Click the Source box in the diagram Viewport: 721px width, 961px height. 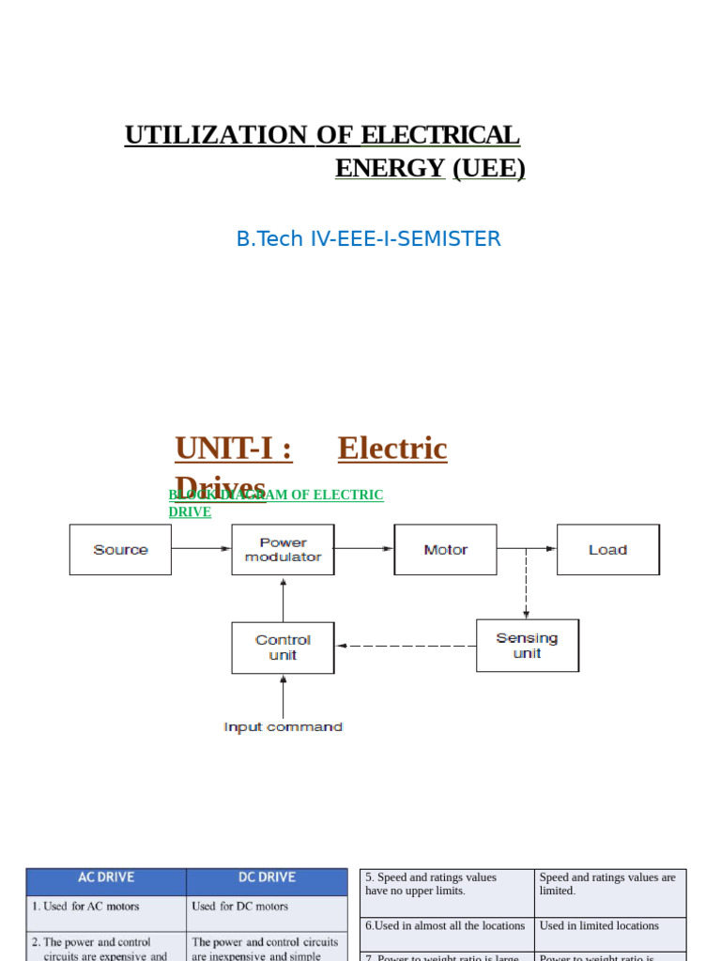pyautogui.click(x=120, y=550)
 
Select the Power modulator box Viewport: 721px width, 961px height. pyautogui.click(x=283, y=550)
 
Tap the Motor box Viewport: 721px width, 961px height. pyautogui.click(x=445, y=550)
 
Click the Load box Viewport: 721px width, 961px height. pyautogui.click(x=607, y=550)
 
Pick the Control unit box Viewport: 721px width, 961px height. pyautogui.click(x=283, y=648)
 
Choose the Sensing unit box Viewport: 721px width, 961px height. pyautogui.click(x=527, y=646)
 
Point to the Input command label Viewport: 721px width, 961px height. pyautogui.click(x=283, y=727)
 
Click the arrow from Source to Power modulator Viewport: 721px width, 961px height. pyautogui.click(x=201, y=550)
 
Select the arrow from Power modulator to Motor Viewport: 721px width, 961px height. pyautogui.click(x=363, y=550)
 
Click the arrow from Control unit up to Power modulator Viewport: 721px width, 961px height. pyautogui.click(x=283, y=601)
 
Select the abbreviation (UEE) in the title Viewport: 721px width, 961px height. pyautogui.click(x=488, y=169)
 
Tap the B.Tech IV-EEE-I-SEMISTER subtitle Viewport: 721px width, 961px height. pyautogui.click(x=368, y=239)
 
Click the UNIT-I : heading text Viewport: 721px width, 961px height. pyautogui.click(x=233, y=450)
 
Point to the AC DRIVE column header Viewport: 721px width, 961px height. pyautogui.click(x=106, y=877)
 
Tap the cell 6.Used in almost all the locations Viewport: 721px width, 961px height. pyautogui.click(x=445, y=926)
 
